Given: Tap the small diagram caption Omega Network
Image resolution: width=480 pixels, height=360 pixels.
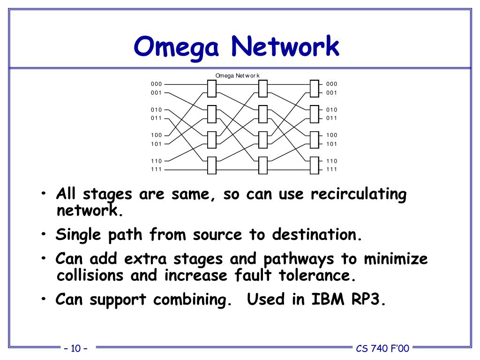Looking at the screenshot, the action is click(238, 76).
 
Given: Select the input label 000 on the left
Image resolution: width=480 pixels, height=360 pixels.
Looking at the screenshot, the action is click(156, 84).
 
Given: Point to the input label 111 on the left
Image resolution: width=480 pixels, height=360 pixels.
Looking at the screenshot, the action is click(156, 169).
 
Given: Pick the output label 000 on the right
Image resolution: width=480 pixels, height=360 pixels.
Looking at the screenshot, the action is click(332, 84).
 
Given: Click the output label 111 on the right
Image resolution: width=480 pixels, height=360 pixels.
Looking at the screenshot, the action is click(332, 169).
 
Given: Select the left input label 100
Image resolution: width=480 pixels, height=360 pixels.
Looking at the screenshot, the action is click(156, 135).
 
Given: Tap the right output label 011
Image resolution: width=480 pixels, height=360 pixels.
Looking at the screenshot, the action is click(332, 118).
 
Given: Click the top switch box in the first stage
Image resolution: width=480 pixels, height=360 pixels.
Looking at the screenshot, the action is click(211, 88).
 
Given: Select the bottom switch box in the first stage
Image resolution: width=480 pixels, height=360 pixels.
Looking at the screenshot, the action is click(211, 165).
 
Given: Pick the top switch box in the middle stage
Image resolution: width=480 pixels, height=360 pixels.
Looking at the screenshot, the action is click(263, 88).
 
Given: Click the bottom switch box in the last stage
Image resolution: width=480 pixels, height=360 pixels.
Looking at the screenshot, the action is click(315, 165).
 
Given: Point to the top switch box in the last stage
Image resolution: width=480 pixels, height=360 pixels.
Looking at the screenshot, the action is click(315, 88).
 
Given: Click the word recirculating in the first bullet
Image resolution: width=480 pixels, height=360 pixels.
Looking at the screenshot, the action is click(359, 195).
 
